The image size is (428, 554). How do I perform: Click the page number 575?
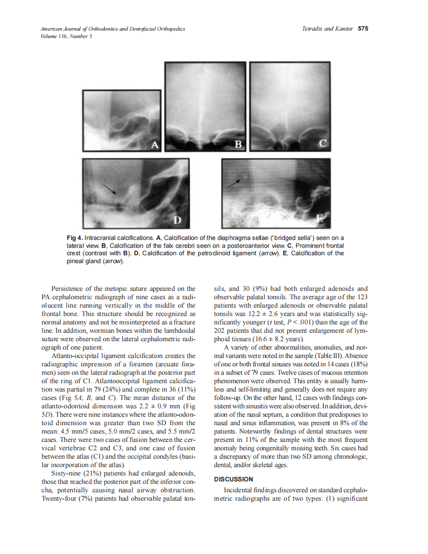coord(363,29)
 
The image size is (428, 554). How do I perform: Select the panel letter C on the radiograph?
coord(322,144)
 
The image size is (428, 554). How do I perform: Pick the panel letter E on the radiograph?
coord(321,220)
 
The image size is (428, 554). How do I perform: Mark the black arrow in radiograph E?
coord(235,183)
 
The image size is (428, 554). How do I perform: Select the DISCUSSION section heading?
coord(233,479)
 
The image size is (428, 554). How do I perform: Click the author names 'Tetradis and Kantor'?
coord(327,29)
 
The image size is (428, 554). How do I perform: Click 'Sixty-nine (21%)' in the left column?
coord(75,474)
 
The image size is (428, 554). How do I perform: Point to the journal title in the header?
coord(113,29)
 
